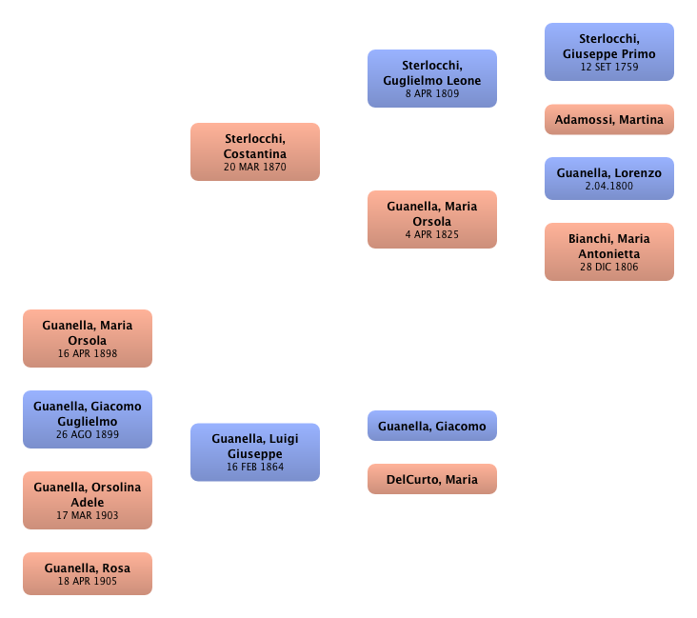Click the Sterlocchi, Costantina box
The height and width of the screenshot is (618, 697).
[x=255, y=151]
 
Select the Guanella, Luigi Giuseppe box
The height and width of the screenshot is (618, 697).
[x=255, y=451]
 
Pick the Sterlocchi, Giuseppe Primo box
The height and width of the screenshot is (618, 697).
[x=609, y=51]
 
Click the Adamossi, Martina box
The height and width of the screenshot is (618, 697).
[x=609, y=120]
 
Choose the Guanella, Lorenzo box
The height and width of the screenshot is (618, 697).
[x=609, y=179]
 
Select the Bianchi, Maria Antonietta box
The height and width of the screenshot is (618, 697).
[x=609, y=251]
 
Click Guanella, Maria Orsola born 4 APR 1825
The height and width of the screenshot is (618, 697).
[x=432, y=219]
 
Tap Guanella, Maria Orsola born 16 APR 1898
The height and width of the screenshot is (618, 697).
[x=88, y=339]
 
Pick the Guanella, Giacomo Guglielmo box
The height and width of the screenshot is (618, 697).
[x=88, y=419]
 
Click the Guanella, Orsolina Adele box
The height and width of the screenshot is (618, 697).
[x=88, y=500]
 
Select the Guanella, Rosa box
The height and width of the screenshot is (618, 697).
[x=88, y=573]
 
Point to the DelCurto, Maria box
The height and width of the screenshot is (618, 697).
[x=432, y=479]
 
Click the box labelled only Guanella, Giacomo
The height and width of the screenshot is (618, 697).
[x=432, y=427]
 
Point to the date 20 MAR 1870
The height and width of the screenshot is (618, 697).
[x=255, y=167]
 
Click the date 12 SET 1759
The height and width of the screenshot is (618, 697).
[x=609, y=67]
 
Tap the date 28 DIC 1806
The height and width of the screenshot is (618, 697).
[x=609, y=267]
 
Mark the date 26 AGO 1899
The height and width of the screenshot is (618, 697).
[x=88, y=434]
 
